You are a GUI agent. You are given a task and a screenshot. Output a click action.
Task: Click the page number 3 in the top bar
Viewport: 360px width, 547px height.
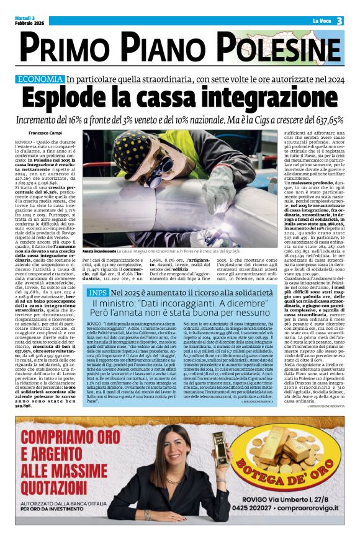[x=340, y=21]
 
